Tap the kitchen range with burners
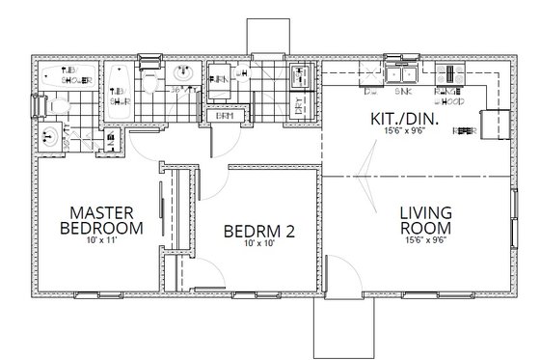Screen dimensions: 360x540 coord(449,72)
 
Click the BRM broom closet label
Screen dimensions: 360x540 coord(226,116)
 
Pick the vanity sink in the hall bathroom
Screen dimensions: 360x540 coord(184,73)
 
